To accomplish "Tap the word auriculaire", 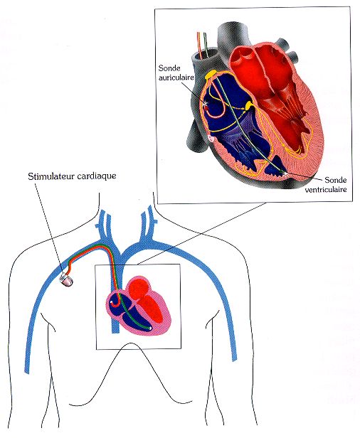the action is pos(176,78).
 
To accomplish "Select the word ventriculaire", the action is pos(326,189).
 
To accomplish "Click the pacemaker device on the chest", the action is pos(67,280).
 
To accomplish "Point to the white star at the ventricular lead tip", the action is pos(285,173).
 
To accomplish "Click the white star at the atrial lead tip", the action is pos(206,104).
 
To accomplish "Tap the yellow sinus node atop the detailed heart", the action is pos(211,75).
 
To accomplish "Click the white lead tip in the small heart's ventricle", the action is pos(152,328).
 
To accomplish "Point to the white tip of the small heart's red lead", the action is pos(111,302).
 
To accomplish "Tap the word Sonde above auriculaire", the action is pos(169,68).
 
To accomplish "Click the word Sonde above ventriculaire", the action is pos(336,180).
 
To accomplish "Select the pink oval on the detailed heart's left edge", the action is pos(211,139).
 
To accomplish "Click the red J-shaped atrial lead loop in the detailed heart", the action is pos(218,102).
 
